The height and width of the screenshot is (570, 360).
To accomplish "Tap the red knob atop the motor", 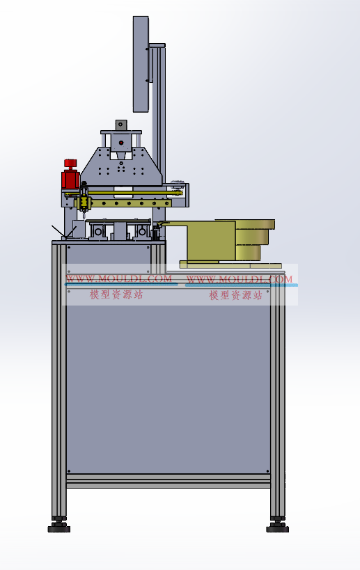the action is (70, 164).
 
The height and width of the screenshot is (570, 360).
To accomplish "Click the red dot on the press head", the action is (121, 143).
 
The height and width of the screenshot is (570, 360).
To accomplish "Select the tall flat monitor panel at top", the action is (141, 64).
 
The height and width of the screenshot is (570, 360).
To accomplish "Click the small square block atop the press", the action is (121, 125).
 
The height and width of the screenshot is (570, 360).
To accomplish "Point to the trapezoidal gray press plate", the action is (121, 167).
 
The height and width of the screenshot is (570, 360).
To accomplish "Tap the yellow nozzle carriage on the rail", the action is (84, 202).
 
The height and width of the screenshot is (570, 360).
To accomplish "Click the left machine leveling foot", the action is (59, 525).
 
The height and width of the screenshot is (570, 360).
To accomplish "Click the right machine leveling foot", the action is (277, 525).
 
